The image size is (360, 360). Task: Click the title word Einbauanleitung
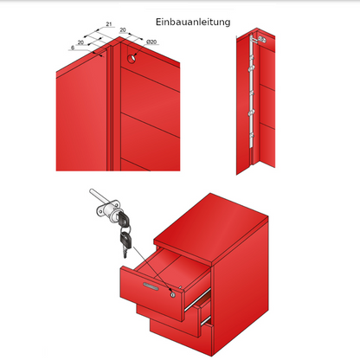pyautogui.click(x=193, y=22)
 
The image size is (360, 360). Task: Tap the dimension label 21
pyautogui.click(x=109, y=24)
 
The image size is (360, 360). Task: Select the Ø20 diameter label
pyautogui.click(x=151, y=42)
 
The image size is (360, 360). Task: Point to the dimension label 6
pyautogui.click(x=73, y=48)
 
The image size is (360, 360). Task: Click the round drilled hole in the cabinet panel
pyautogui.click(x=132, y=59)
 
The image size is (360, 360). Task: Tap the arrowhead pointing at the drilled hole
pyautogui.click(x=135, y=55)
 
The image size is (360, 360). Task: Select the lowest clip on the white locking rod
pyautogui.click(x=252, y=135)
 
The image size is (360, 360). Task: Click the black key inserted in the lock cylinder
pyautogui.click(x=123, y=219)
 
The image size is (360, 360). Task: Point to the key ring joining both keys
pyautogui.click(x=125, y=229)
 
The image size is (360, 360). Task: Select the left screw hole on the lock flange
pyautogui.click(x=99, y=212)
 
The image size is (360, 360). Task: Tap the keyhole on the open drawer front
pyautogui.click(x=172, y=295)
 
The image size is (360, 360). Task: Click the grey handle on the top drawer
pyautogui.click(x=151, y=286)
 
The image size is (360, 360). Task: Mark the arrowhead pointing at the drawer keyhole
pyautogui.click(x=170, y=289)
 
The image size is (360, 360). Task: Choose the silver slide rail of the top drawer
pyautogui.click(x=197, y=300)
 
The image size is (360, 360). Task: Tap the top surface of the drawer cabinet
pyautogui.click(x=211, y=228)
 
